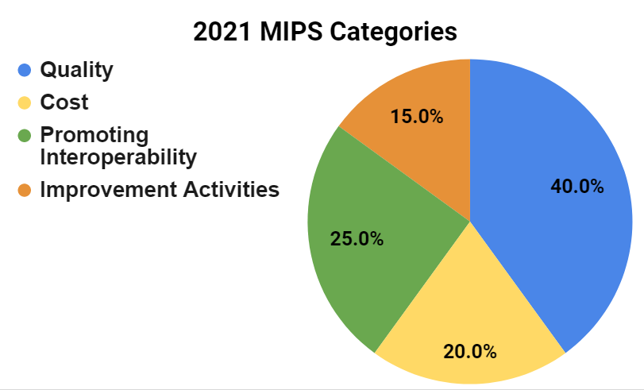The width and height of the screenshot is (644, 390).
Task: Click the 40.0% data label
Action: [577, 186]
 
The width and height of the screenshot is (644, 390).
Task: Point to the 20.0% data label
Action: [470, 351]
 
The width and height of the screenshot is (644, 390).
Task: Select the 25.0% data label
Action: [357, 238]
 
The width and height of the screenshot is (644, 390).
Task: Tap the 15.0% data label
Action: [416, 116]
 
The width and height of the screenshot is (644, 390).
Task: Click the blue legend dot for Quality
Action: [25, 70]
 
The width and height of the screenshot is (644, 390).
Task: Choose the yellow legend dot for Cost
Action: [25, 102]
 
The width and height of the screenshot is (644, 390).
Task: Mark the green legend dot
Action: [25, 136]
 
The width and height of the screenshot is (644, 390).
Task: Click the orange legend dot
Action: [25, 190]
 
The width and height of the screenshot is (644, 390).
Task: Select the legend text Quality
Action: [76, 70]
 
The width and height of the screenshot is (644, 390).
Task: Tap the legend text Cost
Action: [64, 102]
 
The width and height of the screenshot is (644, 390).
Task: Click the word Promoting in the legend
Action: [94, 136]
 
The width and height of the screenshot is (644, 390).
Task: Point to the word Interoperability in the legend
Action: [118, 157]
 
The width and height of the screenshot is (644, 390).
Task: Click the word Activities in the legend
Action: [231, 190]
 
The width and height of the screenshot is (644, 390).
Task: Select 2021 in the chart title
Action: [222, 32]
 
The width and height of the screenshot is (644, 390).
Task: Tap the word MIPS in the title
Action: [291, 32]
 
